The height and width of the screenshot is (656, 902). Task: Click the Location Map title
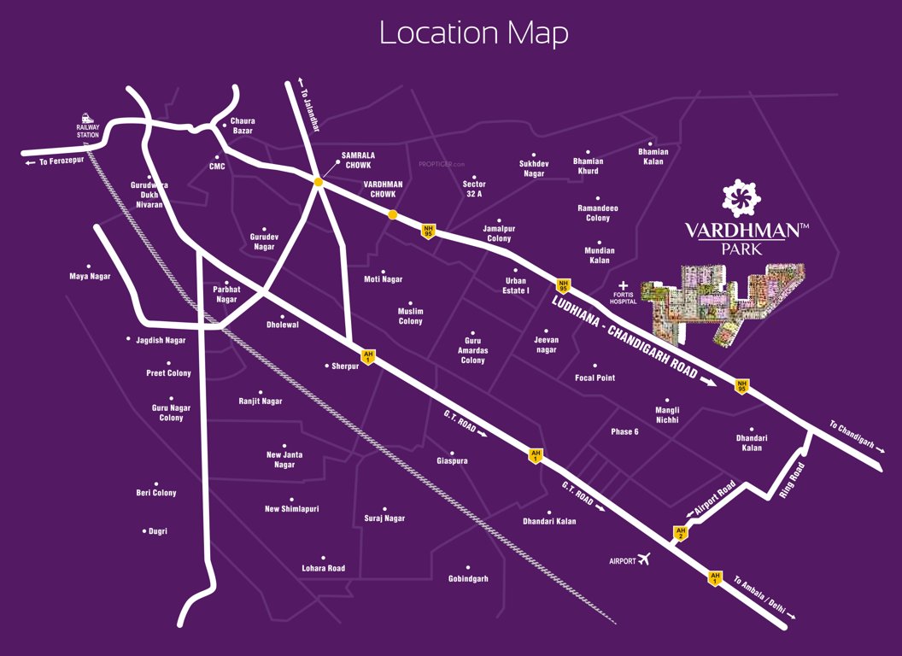tap(473, 33)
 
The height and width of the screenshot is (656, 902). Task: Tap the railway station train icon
tap(87, 119)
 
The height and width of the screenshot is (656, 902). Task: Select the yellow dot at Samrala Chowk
tap(318, 182)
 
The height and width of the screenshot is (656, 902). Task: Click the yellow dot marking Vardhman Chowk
tap(392, 214)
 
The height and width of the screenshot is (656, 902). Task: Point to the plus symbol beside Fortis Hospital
tap(624, 285)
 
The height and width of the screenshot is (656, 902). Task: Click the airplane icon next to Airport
tap(644, 559)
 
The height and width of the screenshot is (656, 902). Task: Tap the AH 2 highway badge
tap(681, 533)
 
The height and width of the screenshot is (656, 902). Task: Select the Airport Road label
tap(713, 499)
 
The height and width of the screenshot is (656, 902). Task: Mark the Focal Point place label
tap(594, 378)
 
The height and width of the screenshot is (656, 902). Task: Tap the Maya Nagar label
tap(91, 276)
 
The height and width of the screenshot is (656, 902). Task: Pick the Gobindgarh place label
tap(468, 578)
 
